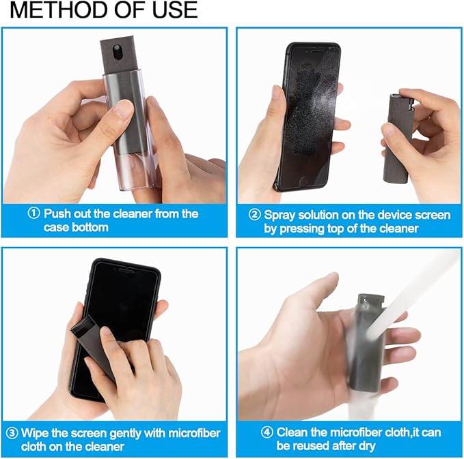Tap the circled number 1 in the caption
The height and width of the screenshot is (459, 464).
(x=34, y=213)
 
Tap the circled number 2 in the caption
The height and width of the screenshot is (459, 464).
(x=254, y=215)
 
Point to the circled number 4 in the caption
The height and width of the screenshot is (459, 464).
(x=267, y=432)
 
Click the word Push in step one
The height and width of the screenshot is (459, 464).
(x=57, y=213)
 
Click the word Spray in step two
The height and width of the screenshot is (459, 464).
(x=280, y=215)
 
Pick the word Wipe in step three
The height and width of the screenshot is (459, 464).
(x=36, y=433)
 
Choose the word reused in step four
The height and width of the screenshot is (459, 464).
(x=313, y=446)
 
